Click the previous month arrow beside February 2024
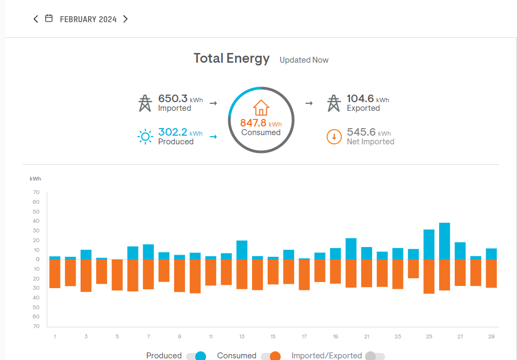pyautogui.click(x=36, y=19)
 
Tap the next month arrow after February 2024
pyautogui.click(x=125, y=19)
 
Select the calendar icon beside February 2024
pyautogui.click(x=49, y=18)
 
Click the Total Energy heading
pyautogui.click(x=231, y=58)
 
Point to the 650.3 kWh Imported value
pyautogui.click(x=173, y=99)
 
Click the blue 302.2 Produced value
pyautogui.click(x=173, y=132)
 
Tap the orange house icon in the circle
pyautogui.click(x=261, y=107)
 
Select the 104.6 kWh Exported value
pyautogui.click(x=361, y=99)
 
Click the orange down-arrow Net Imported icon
pyautogui.click(x=334, y=137)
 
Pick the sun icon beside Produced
pyautogui.click(x=145, y=137)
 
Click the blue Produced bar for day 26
pyautogui.click(x=445, y=241)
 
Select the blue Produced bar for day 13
pyautogui.click(x=242, y=250)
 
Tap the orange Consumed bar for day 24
pyautogui.click(x=413, y=269)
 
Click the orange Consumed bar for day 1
pyautogui.click(x=55, y=274)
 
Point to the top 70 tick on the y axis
pyautogui.click(x=36, y=192)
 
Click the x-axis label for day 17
pyautogui.click(x=304, y=337)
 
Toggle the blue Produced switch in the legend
pyautogui.click(x=196, y=356)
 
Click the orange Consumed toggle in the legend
pyautogui.click(x=271, y=356)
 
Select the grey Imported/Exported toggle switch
pyautogui.click(x=375, y=356)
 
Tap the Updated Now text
pyautogui.click(x=304, y=60)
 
